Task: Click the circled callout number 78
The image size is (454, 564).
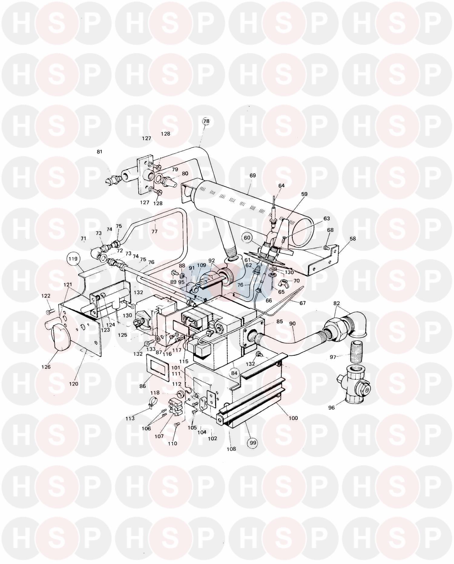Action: click(x=206, y=121)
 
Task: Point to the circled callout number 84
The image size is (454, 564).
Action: click(x=235, y=373)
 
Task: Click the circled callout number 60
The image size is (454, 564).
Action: click(x=247, y=238)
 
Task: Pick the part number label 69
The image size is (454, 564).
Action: click(x=253, y=175)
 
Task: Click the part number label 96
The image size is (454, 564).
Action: click(x=331, y=408)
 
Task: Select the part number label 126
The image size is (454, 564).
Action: click(x=46, y=367)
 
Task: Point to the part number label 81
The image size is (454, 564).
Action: click(x=100, y=152)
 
